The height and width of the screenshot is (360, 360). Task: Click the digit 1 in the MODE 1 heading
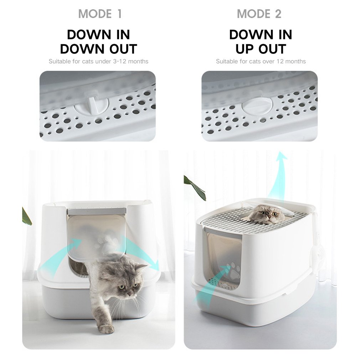(x=119, y=14)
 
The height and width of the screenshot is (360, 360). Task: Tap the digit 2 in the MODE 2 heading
(x=278, y=14)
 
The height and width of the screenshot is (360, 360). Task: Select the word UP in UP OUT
(x=245, y=49)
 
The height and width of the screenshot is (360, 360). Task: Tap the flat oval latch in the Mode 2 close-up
(x=257, y=106)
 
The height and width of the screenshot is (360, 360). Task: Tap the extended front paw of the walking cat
(x=106, y=329)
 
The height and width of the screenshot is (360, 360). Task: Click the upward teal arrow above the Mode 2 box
(x=277, y=177)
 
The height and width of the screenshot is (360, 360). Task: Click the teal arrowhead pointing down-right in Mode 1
(x=154, y=265)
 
